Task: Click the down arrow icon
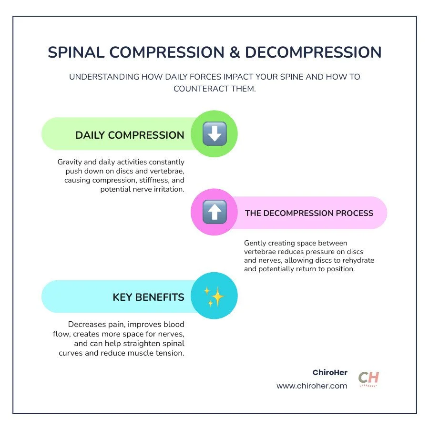(x=214, y=134)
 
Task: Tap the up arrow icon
(x=214, y=212)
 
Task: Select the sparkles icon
(x=214, y=296)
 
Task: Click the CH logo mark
(x=368, y=378)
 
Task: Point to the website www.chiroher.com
(x=312, y=386)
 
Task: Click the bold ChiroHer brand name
(x=330, y=373)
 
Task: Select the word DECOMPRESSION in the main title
(x=313, y=52)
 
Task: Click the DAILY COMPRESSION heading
(x=130, y=135)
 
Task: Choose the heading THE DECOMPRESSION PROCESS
(x=309, y=213)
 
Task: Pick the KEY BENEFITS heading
(x=148, y=297)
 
